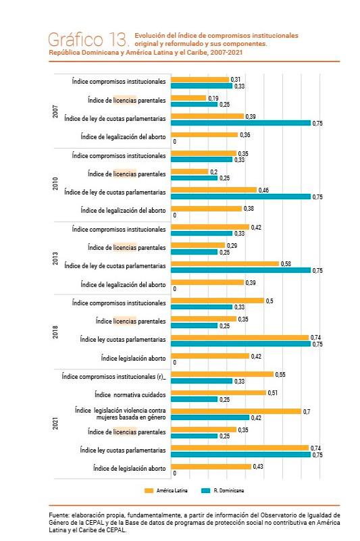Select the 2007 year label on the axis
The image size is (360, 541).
pyautogui.click(x=55, y=111)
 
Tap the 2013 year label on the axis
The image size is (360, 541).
pyautogui.click(x=55, y=257)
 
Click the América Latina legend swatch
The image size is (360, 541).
pyautogui.click(x=149, y=488)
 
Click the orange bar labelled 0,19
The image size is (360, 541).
pyautogui.click(x=188, y=99)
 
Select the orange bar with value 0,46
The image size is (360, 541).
pyautogui.click(x=213, y=190)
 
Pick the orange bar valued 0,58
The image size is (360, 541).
pyautogui.click(x=225, y=263)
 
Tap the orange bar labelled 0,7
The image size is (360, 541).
pyautogui.click(x=236, y=411)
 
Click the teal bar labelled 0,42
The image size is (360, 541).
pyautogui.click(x=210, y=417)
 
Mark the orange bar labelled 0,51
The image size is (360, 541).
pyautogui.click(x=218, y=392)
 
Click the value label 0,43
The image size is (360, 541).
pyautogui.click(x=258, y=466)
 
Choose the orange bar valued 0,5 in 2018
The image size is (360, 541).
pyautogui.click(x=217, y=301)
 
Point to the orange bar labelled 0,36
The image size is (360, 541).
pyautogui.click(x=204, y=135)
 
